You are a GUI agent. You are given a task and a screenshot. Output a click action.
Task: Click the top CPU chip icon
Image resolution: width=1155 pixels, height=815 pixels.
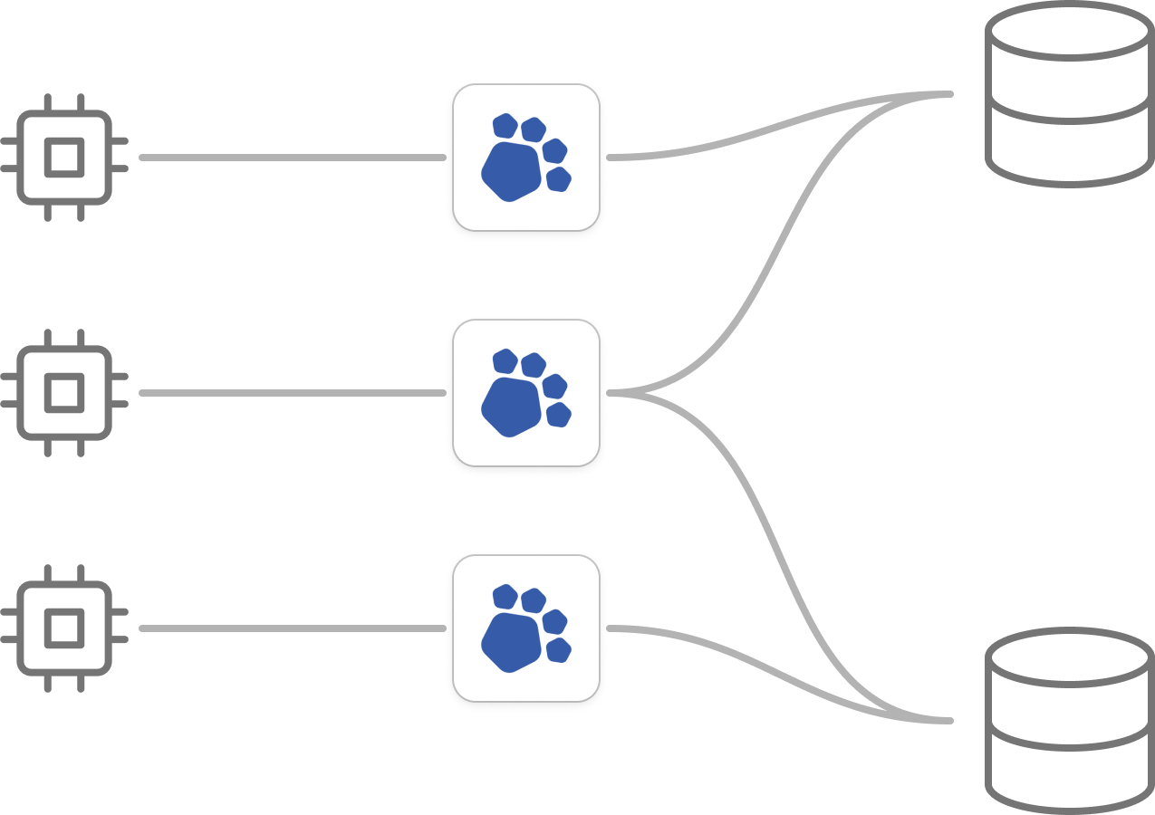tap(63, 158)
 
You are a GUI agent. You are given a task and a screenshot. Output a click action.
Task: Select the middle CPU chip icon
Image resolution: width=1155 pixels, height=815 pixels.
tap(63, 393)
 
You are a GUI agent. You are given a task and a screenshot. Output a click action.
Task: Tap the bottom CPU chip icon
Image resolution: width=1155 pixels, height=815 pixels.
tap(63, 628)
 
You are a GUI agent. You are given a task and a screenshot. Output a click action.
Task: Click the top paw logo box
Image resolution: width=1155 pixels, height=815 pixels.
tap(526, 158)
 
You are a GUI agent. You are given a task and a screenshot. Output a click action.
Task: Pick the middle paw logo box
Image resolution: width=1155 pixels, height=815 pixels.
tap(526, 393)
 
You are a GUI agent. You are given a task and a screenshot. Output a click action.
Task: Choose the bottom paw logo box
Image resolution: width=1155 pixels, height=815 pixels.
tap(526, 628)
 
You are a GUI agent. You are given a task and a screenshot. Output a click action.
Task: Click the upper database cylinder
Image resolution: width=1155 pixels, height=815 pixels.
tap(1070, 95)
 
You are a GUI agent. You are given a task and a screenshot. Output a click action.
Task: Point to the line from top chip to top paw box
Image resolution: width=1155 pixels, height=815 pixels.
tap(290, 158)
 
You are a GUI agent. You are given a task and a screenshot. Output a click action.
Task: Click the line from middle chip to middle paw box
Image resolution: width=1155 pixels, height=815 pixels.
tap(290, 393)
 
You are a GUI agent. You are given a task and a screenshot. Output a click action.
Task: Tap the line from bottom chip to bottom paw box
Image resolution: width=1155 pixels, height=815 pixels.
tap(290, 628)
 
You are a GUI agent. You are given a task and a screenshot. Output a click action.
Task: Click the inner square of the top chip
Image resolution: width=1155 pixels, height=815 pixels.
tap(63, 158)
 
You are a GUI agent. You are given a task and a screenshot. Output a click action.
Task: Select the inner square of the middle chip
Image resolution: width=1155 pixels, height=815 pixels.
tap(63, 393)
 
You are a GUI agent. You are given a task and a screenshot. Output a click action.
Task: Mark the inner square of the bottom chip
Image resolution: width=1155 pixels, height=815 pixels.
tap(63, 628)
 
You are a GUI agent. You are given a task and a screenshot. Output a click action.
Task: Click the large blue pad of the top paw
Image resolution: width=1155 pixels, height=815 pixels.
tap(511, 171)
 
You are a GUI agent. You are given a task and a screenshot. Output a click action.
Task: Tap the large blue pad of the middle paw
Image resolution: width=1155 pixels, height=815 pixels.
tap(511, 407)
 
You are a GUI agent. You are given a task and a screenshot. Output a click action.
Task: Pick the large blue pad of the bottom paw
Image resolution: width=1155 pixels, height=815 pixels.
tap(511, 642)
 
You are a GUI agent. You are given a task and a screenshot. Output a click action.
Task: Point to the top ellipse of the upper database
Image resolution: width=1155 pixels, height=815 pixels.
tap(1070, 32)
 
